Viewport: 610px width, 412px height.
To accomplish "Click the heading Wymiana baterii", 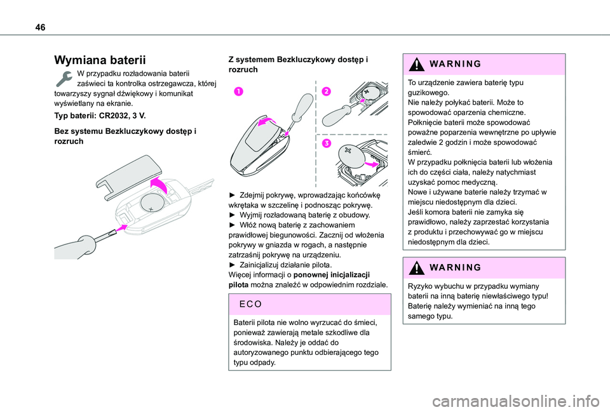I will [x=100, y=61].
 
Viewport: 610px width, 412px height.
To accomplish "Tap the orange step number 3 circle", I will [x=326, y=144].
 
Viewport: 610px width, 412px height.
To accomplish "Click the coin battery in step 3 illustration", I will [x=353, y=156].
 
